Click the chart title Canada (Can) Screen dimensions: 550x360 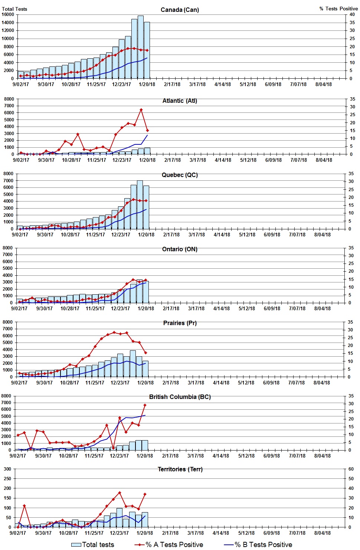(x=180, y=10)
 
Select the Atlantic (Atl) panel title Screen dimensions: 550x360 (x=180, y=101)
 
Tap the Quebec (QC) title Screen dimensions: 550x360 (x=180, y=175)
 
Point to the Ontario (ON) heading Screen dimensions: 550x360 (x=180, y=249)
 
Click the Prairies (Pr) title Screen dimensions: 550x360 (x=180, y=323)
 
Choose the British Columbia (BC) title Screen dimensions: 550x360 (x=180, y=397)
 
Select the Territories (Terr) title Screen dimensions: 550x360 (x=180, y=469)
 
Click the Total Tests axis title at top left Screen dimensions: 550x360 (x=14, y=9)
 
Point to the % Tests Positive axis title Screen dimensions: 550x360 (x=338, y=9)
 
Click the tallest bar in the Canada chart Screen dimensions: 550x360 (x=141, y=46)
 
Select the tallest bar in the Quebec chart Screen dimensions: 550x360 (x=140, y=204)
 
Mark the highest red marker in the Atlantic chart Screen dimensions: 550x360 (x=141, y=110)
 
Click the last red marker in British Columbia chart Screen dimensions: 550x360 (x=145, y=405)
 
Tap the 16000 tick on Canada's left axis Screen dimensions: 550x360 (x=8, y=14)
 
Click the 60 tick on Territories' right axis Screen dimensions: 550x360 (x=351, y=469)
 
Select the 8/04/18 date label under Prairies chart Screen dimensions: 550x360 (x=321, y=383)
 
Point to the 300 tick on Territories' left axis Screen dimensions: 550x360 (x=7, y=469)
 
